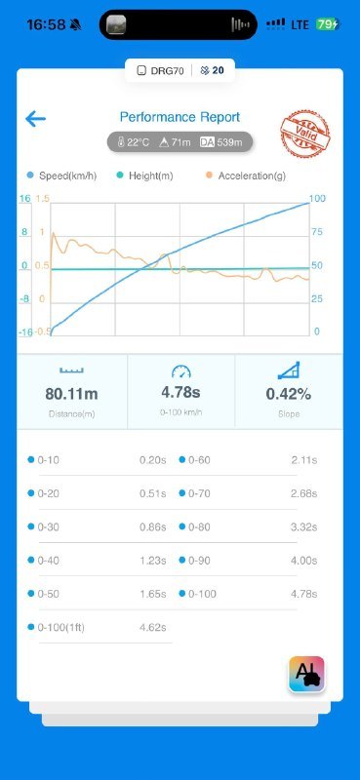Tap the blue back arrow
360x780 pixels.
(x=35, y=119)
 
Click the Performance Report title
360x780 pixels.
(x=180, y=117)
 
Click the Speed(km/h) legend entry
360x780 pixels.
(x=61, y=175)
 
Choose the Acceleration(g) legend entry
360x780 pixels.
(x=246, y=175)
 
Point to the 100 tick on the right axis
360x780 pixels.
(x=317, y=199)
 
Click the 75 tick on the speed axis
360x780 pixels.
(x=316, y=232)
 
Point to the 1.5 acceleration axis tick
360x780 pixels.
(x=42, y=199)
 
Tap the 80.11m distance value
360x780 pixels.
(x=71, y=394)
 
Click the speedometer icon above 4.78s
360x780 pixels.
(x=180, y=371)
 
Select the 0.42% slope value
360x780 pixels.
(x=289, y=394)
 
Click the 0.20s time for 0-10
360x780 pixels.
(x=153, y=460)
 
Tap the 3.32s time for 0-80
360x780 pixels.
(x=303, y=526)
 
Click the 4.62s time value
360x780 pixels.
(x=153, y=627)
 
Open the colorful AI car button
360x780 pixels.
(x=306, y=674)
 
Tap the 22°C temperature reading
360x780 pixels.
(x=134, y=142)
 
